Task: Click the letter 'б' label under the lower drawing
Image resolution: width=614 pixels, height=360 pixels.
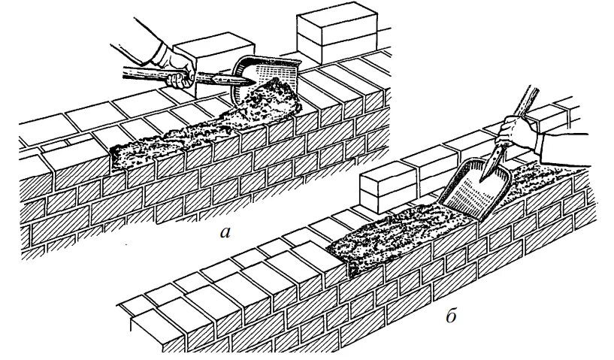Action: (x=451, y=315)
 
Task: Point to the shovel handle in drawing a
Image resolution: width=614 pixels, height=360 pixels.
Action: (x=150, y=74)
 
